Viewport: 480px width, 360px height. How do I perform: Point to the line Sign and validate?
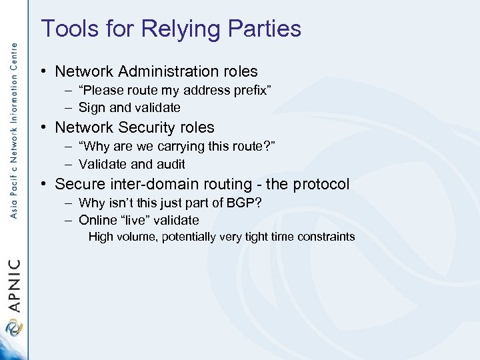129,107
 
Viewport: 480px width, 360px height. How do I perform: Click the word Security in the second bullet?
139,127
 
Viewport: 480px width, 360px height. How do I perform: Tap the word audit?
171,164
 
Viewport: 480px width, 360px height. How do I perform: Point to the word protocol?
320,184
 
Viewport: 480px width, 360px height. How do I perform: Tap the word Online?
96,220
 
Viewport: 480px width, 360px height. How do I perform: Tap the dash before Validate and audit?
69,164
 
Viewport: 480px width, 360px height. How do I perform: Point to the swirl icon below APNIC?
13,329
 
